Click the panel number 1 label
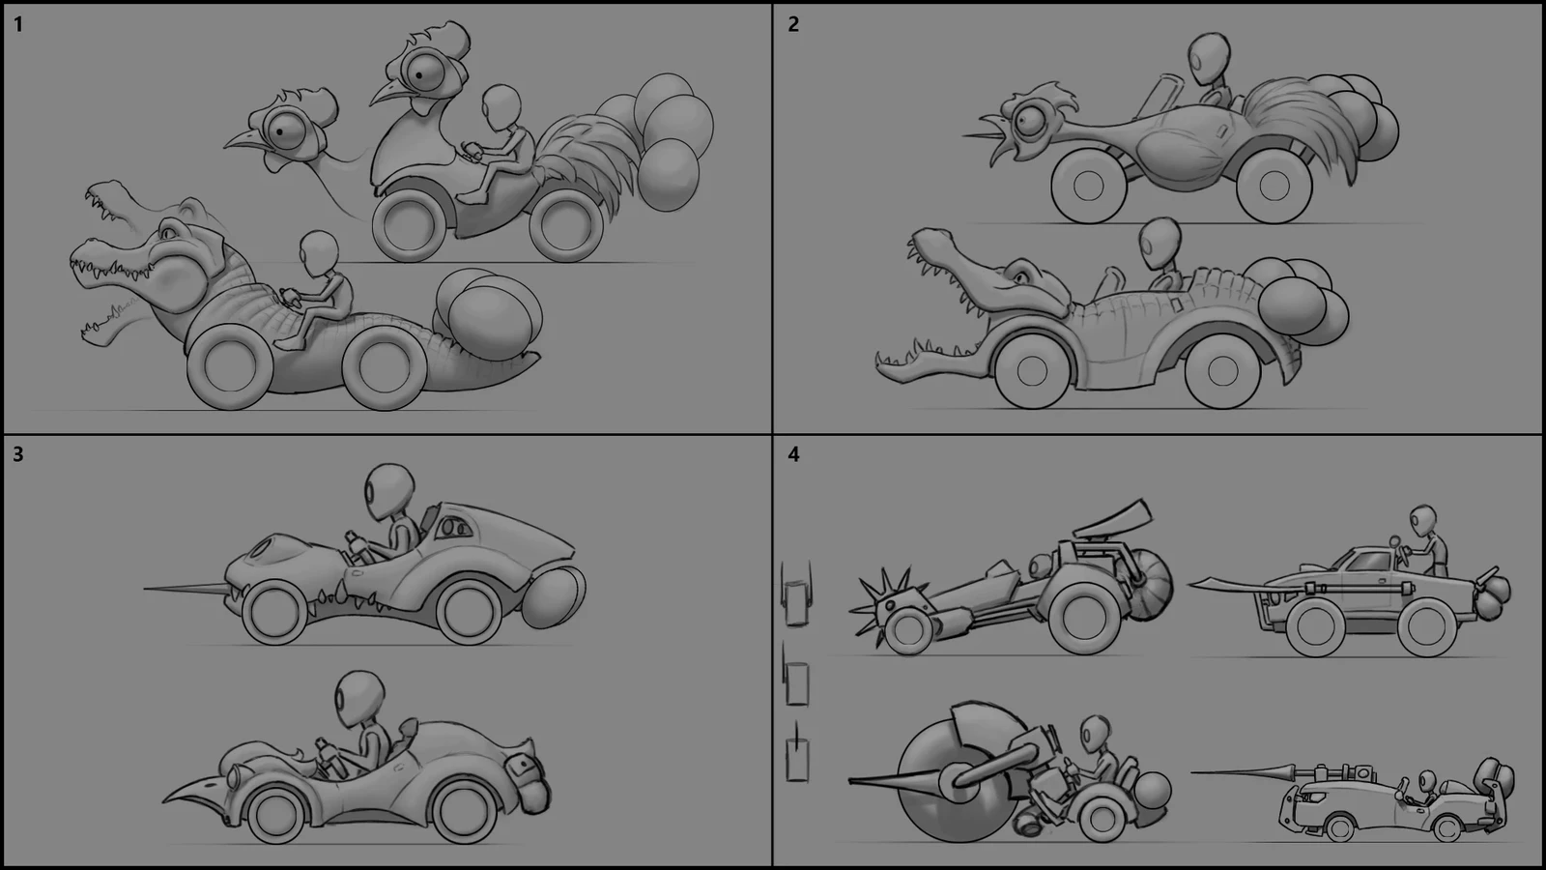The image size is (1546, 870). (19, 24)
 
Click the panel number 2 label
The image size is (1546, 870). (793, 24)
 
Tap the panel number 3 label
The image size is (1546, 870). (19, 454)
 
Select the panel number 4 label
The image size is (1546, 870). (793, 454)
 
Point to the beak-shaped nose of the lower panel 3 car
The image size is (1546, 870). (193, 790)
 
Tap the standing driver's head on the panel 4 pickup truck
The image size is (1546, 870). (1422, 519)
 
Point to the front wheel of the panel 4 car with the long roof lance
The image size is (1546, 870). (1338, 828)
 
